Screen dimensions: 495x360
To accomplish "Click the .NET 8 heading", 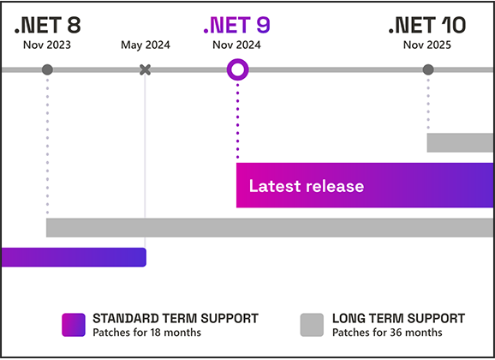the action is coord(48,25).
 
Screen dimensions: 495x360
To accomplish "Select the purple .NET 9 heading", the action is coord(237,25).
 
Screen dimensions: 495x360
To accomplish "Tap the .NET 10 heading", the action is coord(427,25).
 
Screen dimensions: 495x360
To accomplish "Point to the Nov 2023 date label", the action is coord(47,45).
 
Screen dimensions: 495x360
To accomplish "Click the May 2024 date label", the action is coord(146,45).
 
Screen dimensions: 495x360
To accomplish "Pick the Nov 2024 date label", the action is coord(236,45).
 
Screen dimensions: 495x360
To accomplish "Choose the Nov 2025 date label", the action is coord(427,45).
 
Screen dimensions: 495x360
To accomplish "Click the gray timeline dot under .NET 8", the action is coord(47,69).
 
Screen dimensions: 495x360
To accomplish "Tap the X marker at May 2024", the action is coord(146,69).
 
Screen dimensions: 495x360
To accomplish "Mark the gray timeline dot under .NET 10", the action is coord(428,69).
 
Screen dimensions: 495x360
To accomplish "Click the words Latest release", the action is coord(307,186).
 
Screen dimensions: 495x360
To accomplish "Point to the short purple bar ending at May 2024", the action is coord(74,257).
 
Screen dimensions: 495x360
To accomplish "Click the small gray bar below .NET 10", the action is coord(460,142).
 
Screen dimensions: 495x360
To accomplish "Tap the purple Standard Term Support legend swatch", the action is coord(74,325).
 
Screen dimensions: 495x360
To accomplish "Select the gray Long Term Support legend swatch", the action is coord(312,325).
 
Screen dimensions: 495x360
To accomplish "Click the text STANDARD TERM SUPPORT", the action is coord(176,319).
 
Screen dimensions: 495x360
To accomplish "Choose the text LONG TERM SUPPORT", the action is coord(399,319).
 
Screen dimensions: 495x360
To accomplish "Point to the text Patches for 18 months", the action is coord(146,333).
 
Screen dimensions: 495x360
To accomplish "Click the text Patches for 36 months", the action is coord(387,333).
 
